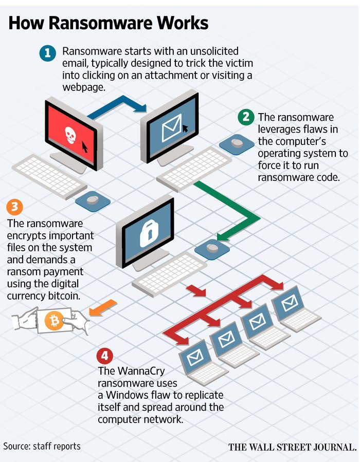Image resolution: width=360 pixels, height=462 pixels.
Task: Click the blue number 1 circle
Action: (x=48, y=52)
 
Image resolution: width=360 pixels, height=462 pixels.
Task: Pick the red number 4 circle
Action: (x=105, y=356)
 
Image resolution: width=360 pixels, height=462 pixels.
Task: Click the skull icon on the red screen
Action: (x=70, y=135)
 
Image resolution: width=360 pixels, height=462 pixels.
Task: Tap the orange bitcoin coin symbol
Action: (x=53, y=321)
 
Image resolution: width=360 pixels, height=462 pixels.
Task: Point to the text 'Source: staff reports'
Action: (x=42, y=446)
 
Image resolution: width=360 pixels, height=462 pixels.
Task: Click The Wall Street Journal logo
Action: (x=292, y=447)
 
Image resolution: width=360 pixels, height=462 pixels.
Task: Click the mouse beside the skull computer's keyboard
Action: (x=93, y=200)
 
